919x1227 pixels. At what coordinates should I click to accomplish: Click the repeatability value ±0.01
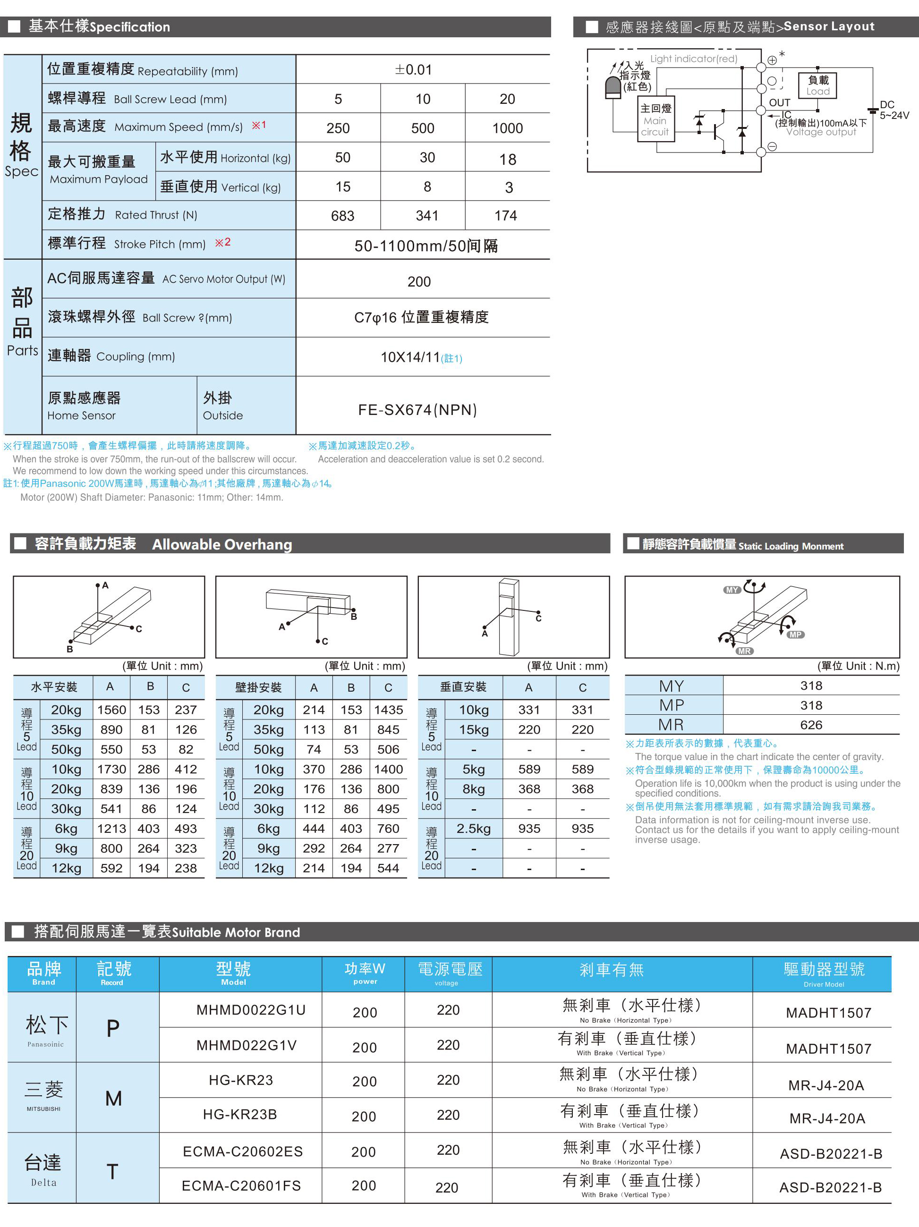(x=413, y=70)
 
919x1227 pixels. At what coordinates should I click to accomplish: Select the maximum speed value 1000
(x=507, y=128)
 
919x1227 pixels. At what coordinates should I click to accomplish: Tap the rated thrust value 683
(x=342, y=216)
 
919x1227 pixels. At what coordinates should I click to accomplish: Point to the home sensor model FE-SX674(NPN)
(x=417, y=410)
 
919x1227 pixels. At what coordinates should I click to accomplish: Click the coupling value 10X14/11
(x=411, y=357)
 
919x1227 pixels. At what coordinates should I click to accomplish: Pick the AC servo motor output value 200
(x=419, y=282)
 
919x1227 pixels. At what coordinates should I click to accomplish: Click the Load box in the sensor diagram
(x=817, y=85)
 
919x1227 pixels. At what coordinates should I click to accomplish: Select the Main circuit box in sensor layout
(x=655, y=120)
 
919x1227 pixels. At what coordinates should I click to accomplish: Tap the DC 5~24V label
(x=893, y=110)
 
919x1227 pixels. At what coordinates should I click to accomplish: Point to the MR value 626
(x=811, y=725)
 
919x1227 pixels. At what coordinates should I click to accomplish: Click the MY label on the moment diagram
(x=732, y=590)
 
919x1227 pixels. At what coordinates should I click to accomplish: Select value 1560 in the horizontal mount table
(x=111, y=710)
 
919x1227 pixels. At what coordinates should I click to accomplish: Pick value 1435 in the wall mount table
(x=389, y=710)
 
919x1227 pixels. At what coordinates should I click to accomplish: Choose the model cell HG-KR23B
(x=240, y=1114)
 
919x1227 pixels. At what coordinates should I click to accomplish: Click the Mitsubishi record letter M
(x=113, y=1098)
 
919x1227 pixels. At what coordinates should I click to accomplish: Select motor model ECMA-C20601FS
(x=241, y=1185)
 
